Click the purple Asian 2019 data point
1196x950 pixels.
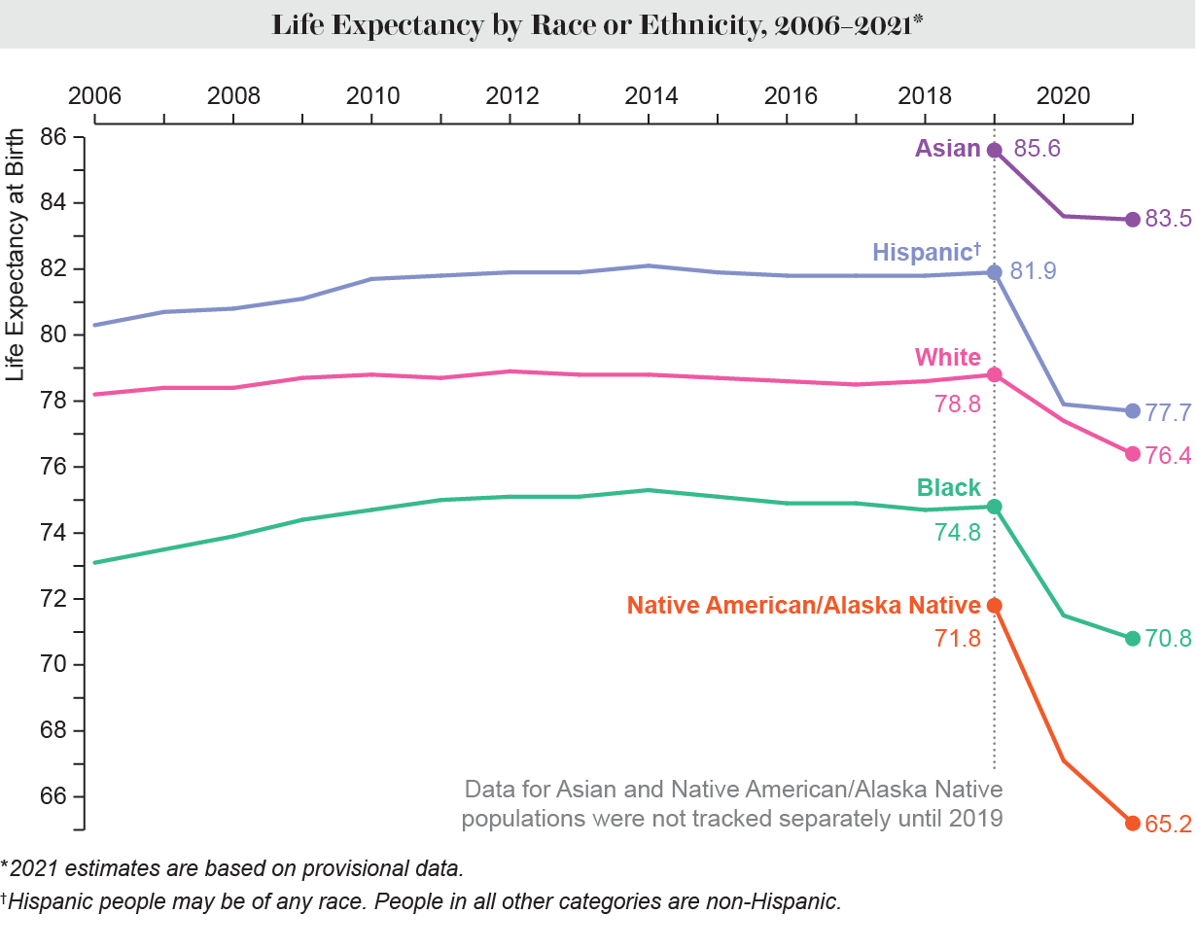[994, 150]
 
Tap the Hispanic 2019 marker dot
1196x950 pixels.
[994, 272]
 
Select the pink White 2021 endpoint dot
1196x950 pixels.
[1132, 453]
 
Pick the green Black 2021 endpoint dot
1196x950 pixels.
[1132, 638]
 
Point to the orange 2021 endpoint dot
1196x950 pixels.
[1132, 823]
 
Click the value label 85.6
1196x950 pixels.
[1037, 150]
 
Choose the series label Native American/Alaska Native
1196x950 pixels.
[803, 606]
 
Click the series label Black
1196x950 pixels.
[948, 488]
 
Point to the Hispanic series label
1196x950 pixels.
[924, 253]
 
